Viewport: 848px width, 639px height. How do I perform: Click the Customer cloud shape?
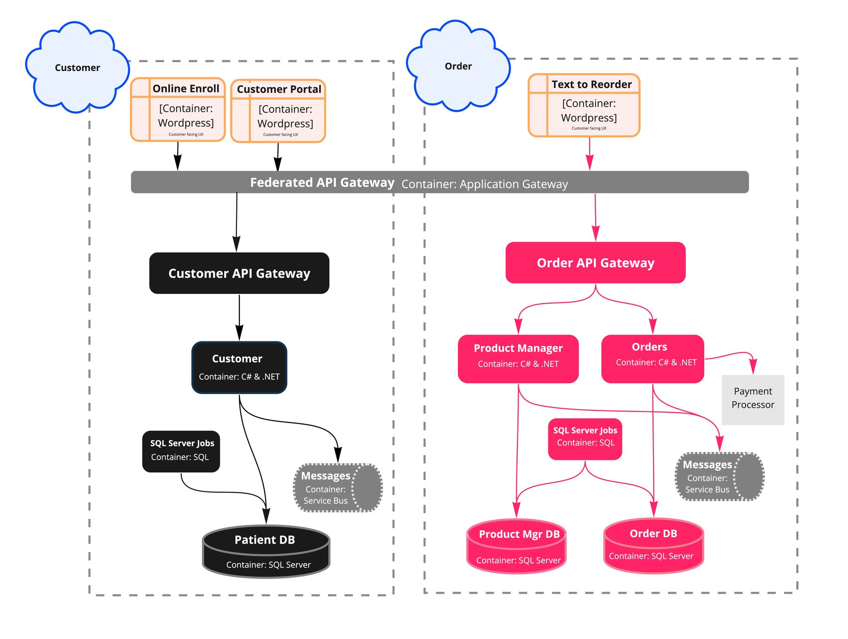77,67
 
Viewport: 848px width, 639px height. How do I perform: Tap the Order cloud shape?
458,66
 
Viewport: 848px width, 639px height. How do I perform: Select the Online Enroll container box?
178,110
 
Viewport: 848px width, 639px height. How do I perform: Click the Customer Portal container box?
278,111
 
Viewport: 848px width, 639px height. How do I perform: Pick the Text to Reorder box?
584,105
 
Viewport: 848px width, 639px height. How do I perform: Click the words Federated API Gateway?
322,183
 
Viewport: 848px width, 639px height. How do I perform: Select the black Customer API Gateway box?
239,273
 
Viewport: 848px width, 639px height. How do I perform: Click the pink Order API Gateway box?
595,263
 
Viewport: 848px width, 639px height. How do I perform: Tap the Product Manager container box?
518,359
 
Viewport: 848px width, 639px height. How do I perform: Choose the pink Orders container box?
652,359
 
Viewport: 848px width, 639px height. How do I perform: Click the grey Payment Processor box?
753,399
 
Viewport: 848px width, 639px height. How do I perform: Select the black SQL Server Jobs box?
181,451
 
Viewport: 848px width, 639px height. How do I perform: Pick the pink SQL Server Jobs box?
585,439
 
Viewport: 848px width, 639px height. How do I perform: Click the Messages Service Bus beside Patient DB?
338,488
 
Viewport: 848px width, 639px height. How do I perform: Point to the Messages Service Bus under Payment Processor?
720,477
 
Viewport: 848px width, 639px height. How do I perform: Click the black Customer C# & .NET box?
239,368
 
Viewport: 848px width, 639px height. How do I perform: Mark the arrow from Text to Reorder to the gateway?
589,154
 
